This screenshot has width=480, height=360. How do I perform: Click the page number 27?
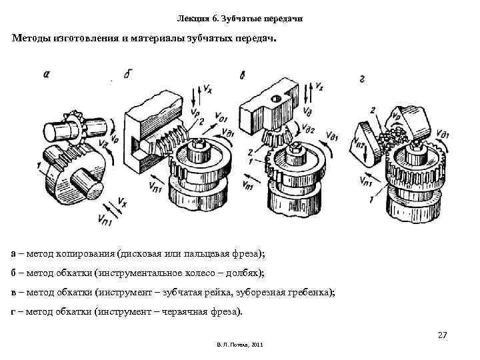(x=441, y=334)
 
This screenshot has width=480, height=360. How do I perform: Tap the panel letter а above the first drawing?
(x=45, y=75)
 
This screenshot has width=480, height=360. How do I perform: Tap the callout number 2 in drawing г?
(x=373, y=110)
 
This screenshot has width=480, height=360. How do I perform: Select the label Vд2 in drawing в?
(x=307, y=129)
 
